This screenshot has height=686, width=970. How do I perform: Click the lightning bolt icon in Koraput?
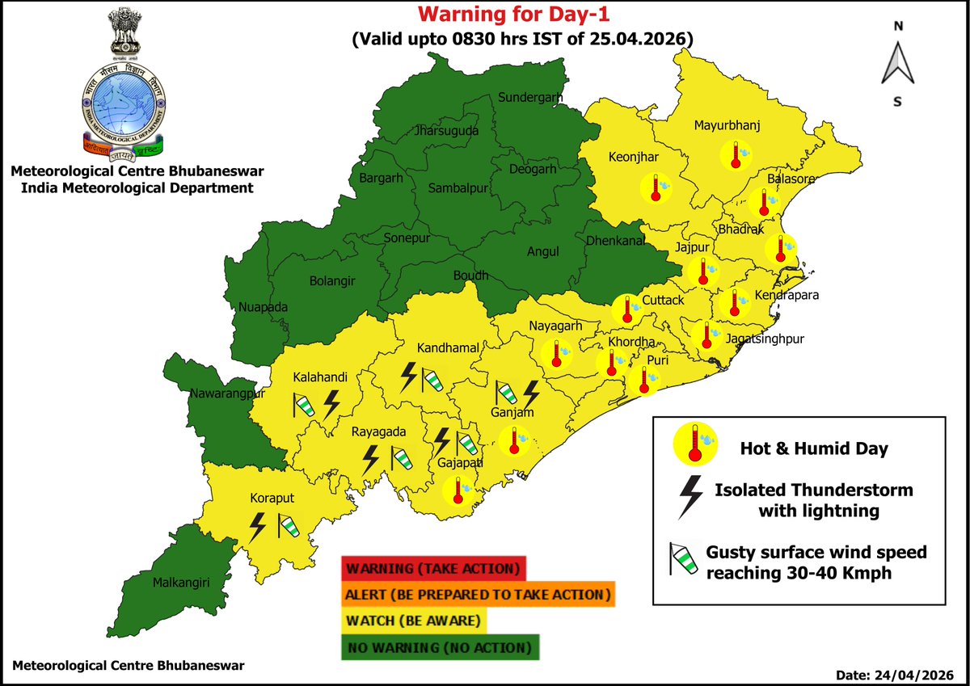[258, 527]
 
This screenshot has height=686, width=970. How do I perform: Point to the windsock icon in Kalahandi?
[304, 404]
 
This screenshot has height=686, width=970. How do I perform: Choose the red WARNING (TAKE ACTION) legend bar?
[433, 568]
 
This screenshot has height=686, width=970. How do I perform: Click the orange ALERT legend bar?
[478, 595]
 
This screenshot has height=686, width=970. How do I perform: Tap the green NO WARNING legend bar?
[439, 648]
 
